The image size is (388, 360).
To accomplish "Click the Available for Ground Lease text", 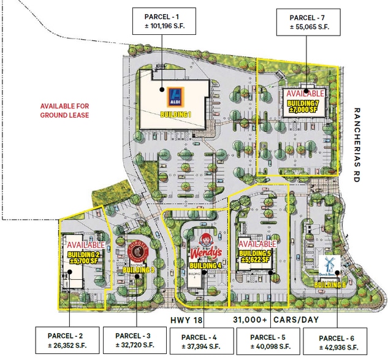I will pos(65,110).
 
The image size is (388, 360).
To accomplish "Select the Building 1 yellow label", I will pos(177,114).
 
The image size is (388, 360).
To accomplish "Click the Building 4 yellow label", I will pos(205,265).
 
